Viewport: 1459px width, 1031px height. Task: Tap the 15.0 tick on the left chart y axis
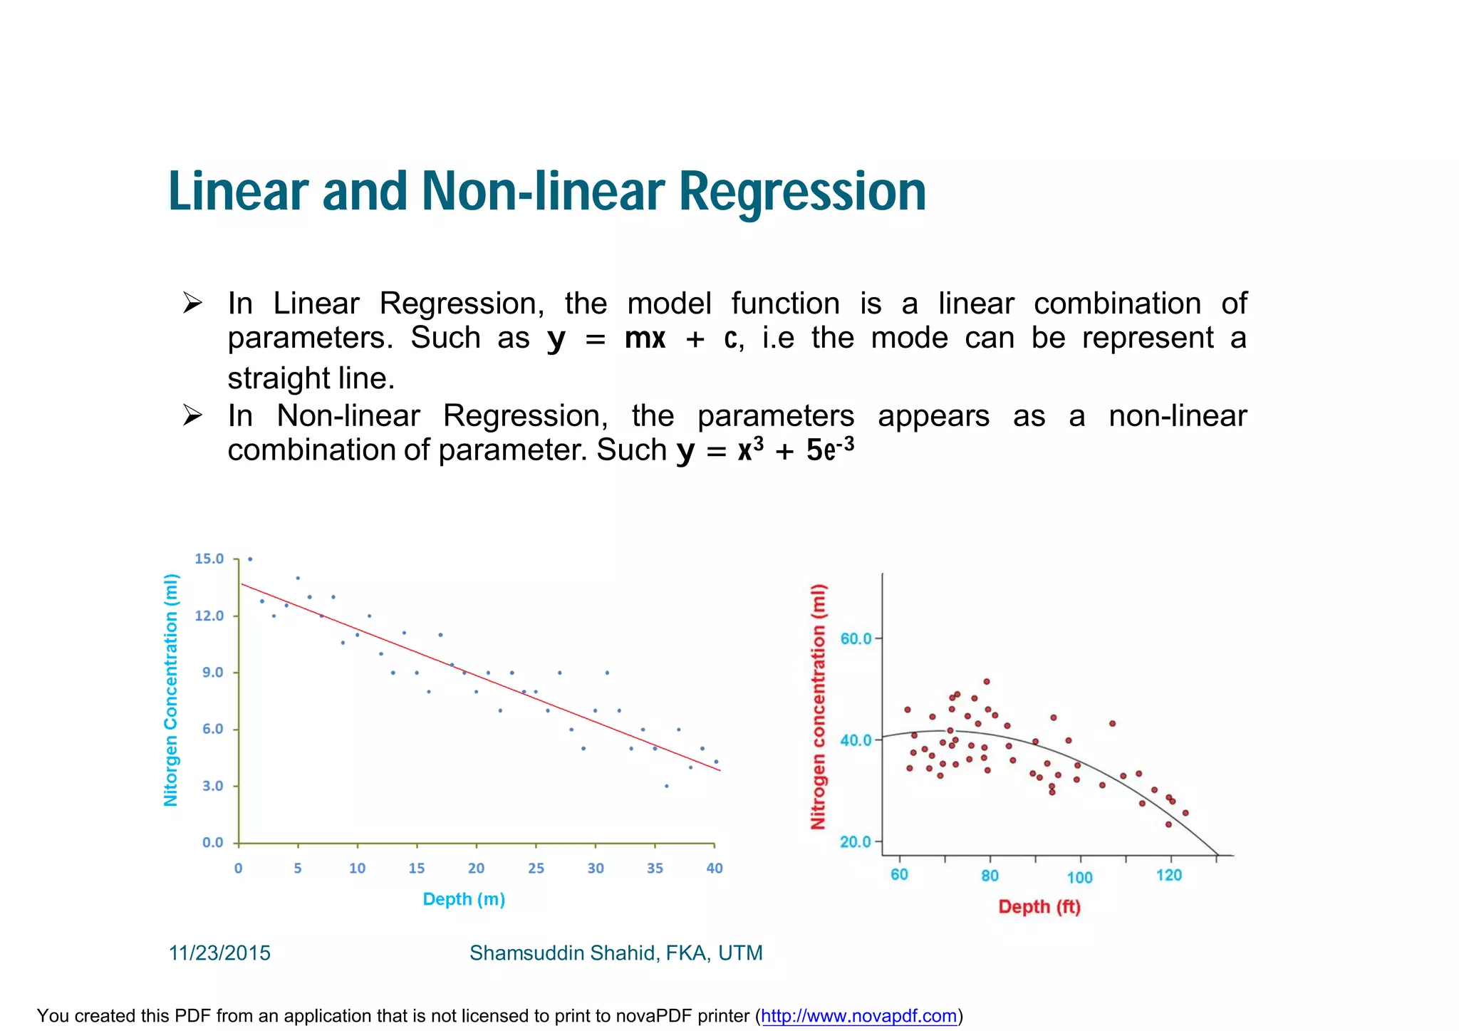pos(209,559)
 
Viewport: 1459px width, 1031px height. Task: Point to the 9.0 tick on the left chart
pos(212,672)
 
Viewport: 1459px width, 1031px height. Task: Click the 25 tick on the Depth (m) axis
pos(536,868)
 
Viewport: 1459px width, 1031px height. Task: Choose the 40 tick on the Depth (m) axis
pos(714,868)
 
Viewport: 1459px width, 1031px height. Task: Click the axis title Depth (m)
pos(464,899)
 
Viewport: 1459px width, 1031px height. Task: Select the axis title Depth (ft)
pos(1039,907)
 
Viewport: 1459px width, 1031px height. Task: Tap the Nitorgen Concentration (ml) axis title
pos(171,690)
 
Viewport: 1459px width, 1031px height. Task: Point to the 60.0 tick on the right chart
pos(856,638)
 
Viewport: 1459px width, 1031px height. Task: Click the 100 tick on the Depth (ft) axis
pos(1079,877)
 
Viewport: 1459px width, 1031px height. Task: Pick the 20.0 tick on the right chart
pos(856,841)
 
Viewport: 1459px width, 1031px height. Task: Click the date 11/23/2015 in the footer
pos(219,953)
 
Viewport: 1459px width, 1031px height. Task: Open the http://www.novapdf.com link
pos(858,1015)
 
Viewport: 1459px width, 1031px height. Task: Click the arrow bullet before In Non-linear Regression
pos(192,415)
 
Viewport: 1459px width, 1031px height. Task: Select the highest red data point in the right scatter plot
pos(987,681)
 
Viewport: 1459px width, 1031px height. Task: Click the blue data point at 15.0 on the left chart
pos(250,559)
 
